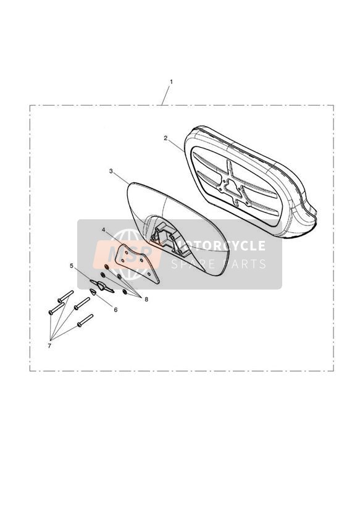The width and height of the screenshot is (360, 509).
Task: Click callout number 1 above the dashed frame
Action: tap(172, 82)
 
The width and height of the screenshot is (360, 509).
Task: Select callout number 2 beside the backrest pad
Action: tap(165, 138)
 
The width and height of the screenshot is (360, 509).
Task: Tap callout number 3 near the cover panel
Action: tap(111, 171)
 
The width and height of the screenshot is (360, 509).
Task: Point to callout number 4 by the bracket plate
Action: tap(103, 230)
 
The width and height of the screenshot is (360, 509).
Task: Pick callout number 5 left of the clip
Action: tap(72, 266)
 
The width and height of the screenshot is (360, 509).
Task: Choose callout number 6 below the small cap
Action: tap(115, 309)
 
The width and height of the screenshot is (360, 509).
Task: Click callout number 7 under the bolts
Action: tap(49, 346)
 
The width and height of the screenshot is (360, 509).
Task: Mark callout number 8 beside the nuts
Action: tap(146, 300)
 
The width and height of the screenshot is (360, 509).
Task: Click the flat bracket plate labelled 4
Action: tap(136, 264)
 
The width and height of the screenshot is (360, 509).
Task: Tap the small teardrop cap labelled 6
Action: tap(93, 292)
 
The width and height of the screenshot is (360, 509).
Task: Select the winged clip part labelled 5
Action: tap(103, 286)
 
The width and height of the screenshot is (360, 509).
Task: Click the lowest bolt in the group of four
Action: tap(85, 321)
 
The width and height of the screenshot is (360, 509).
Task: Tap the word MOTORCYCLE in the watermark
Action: tap(219, 246)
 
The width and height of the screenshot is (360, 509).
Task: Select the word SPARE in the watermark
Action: tap(193, 264)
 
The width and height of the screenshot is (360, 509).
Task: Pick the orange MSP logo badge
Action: tap(127, 254)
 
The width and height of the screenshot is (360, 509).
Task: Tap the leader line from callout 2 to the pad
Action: tap(175, 146)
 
